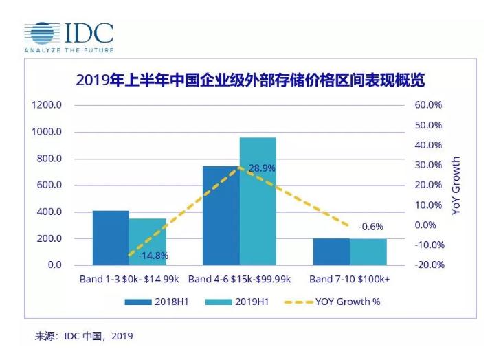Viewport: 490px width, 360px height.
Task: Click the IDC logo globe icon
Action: click(x=42, y=33)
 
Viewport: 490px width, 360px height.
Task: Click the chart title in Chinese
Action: click(x=250, y=80)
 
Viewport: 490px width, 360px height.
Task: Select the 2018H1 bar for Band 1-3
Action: click(x=111, y=238)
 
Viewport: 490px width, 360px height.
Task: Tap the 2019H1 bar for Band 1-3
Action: click(x=148, y=242)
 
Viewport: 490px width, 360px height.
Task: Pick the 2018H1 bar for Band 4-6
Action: click(x=221, y=216)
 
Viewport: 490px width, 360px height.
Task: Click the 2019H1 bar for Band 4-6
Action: click(x=258, y=201)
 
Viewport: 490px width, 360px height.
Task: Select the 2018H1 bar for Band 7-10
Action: click(x=331, y=251)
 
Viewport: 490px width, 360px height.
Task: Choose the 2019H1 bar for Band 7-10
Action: click(x=368, y=252)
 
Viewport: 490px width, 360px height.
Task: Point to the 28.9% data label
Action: click(x=262, y=168)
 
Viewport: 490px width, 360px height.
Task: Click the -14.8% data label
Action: click(x=153, y=256)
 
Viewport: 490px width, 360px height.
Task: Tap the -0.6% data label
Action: click(x=371, y=227)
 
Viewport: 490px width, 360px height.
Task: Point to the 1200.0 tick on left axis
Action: click(x=47, y=105)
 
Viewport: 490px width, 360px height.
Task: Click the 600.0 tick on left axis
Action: click(x=49, y=185)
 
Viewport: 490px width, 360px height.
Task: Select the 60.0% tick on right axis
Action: click(x=428, y=105)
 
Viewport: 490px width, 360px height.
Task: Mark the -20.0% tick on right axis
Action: click(x=430, y=265)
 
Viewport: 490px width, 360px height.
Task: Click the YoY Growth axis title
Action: click(x=456, y=185)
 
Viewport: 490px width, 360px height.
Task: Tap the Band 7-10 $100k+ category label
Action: click(x=350, y=279)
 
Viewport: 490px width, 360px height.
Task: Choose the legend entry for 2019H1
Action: click(x=237, y=302)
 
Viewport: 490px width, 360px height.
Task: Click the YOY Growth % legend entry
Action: click(x=332, y=302)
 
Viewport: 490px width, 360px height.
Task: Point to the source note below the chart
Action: click(x=84, y=336)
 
